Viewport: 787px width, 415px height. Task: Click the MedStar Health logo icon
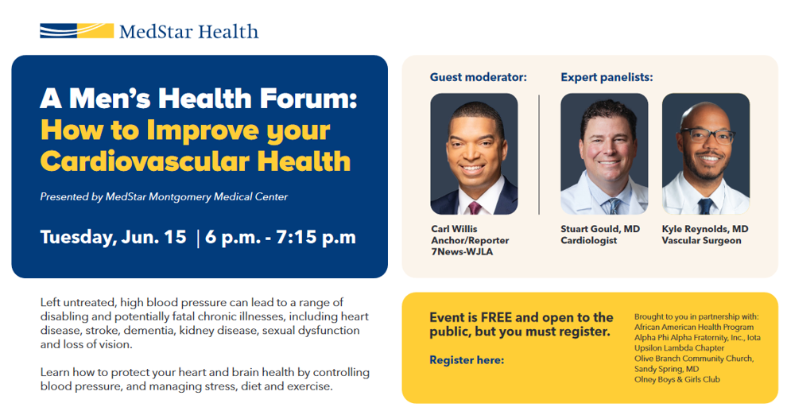coord(77,31)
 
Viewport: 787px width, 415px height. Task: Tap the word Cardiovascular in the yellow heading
coord(145,161)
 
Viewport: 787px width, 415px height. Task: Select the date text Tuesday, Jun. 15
coord(114,237)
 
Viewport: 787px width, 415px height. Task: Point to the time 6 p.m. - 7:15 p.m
coord(281,237)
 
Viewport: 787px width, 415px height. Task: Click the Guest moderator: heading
coord(479,77)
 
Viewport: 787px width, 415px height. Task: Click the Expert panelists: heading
coord(607,77)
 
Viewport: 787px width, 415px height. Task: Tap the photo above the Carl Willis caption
coord(474,154)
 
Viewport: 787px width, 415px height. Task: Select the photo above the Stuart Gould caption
coord(604,154)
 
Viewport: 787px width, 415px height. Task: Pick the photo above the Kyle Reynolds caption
coord(706,154)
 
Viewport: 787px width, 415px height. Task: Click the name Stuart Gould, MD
coord(600,229)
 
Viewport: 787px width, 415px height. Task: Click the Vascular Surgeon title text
coord(701,240)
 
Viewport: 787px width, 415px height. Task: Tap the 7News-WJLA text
coord(462,252)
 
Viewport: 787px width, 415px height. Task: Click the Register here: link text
coord(467,360)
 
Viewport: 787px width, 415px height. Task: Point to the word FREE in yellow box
coord(496,318)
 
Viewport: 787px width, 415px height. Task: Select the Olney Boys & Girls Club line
coord(677,379)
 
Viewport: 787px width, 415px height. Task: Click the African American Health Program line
coord(694,327)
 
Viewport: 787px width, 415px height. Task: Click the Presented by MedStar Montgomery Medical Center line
coord(164,196)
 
